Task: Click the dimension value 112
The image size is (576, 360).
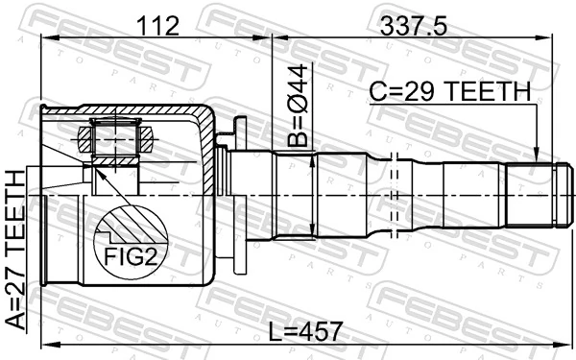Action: (x=158, y=27)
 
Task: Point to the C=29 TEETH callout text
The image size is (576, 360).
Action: (x=450, y=91)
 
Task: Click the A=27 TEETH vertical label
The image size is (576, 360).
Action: (x=16, y=250)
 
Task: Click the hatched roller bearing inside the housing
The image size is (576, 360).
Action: (x=114, y=137)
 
